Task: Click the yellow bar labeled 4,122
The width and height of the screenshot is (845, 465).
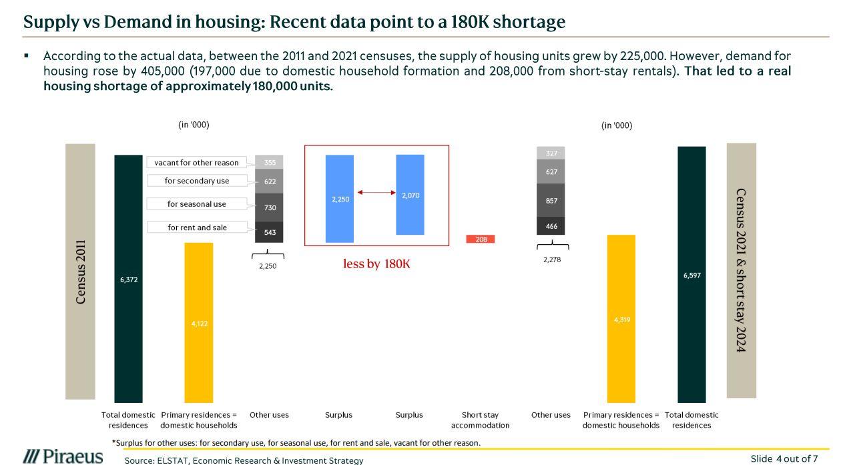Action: coord(198,323)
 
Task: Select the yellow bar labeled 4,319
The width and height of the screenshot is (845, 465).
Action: coord(621,319)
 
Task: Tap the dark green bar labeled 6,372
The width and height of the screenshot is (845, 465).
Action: coord(128,279)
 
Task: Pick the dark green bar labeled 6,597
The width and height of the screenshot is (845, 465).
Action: coord(691,275)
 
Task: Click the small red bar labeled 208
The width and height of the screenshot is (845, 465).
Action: coord(481,239)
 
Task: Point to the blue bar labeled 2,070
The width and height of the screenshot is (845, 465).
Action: coord(410,195)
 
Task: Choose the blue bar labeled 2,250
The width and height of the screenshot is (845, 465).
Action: coord(340,199)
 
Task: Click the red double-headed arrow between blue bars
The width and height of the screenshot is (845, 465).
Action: coord(376,192)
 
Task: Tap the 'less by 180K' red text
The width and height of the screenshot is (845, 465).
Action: coord(376,264)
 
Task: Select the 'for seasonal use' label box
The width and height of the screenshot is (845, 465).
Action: coord(197,204)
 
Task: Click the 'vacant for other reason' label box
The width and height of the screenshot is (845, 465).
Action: coord(196,162)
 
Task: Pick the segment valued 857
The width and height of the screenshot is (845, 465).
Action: coord(551,200)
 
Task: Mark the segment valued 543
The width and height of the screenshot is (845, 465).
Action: coord(269,232)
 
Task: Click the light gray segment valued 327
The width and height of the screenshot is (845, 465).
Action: coord(551,153)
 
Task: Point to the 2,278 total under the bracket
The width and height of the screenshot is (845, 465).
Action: coord(552,260)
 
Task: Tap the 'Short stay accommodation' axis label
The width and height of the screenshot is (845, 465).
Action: coord(480,420)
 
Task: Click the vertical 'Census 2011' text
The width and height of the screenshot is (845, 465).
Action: coord(81,272)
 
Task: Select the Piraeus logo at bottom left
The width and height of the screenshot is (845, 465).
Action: coord(63,456)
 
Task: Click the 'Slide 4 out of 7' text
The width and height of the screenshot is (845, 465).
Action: coord(784,458)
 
